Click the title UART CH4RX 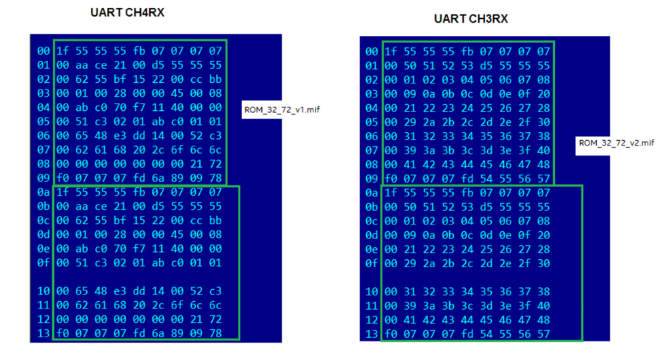[127, 13]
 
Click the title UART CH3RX [471, 19]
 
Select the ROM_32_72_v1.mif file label [281, 110]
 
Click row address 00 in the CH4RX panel [44, 51]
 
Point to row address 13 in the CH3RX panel [372, 334]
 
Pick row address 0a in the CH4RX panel [44, 193]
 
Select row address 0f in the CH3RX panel [372, 263]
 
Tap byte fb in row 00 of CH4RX [140, 51]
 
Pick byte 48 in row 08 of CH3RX [544, 165]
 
